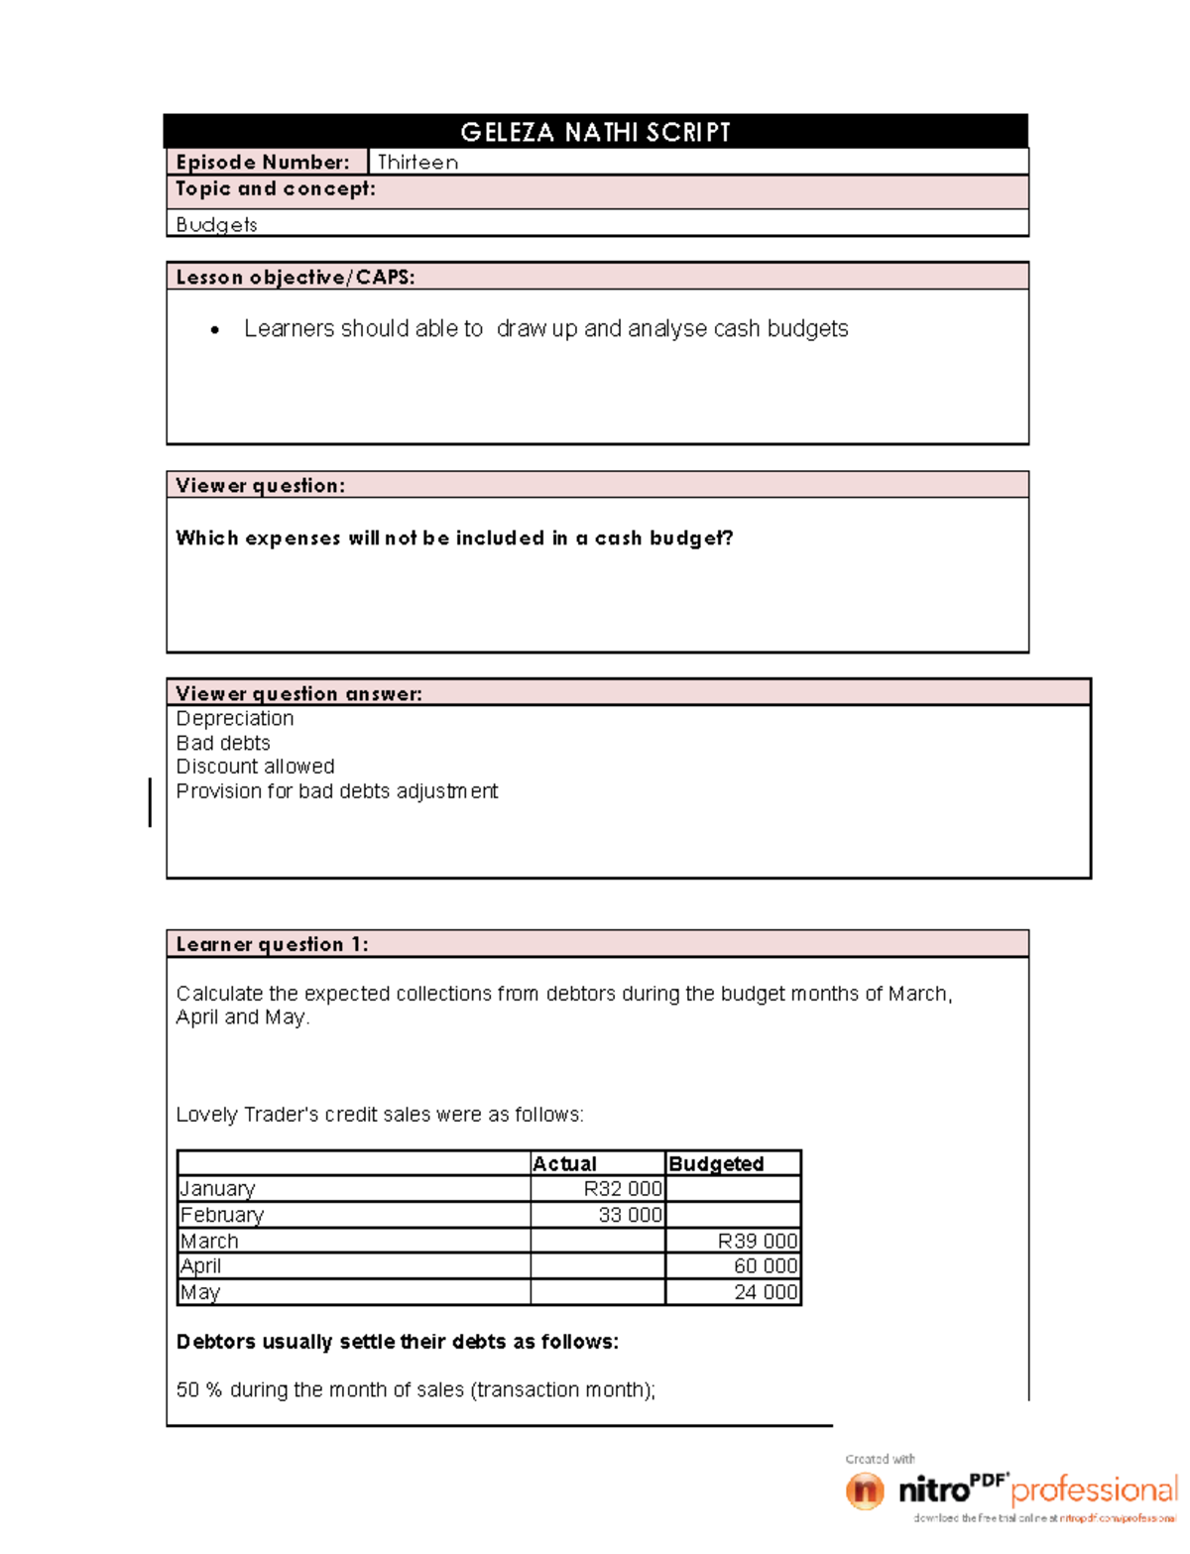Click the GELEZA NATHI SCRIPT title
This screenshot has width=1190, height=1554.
(x=595, y=132)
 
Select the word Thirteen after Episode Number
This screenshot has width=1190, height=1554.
(x=417, y=163)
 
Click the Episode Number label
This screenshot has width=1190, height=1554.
(x=263, y=163)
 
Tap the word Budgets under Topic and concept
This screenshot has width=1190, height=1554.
(x=216, y=225)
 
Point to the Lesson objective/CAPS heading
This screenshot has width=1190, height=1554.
(x=295, y=278)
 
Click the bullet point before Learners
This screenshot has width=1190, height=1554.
(x=215, y=330)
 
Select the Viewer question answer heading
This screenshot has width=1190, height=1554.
(x=298, y=694)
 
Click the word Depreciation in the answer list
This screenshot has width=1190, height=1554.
(x=235, y=719)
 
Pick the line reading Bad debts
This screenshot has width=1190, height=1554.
(x=223, y=744)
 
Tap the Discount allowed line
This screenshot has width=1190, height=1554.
(x=255, y=767)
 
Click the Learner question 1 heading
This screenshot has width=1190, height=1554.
(x=272, y=945)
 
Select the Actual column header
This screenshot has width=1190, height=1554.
(x=565, y=1164)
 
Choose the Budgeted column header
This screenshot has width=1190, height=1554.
(x=716, y=1164)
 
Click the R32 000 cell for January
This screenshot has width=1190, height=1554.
(x=622, y=1189)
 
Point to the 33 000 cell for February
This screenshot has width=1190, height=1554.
(x=630, y=1215)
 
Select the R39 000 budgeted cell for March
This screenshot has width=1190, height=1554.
(x=758, y=1242)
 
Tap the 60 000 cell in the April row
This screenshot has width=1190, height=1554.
(x=765, y=1266)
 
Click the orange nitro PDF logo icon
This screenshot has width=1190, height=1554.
(x=865, y=1491)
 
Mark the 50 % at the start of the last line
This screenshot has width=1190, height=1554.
(x=198, y=1390)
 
